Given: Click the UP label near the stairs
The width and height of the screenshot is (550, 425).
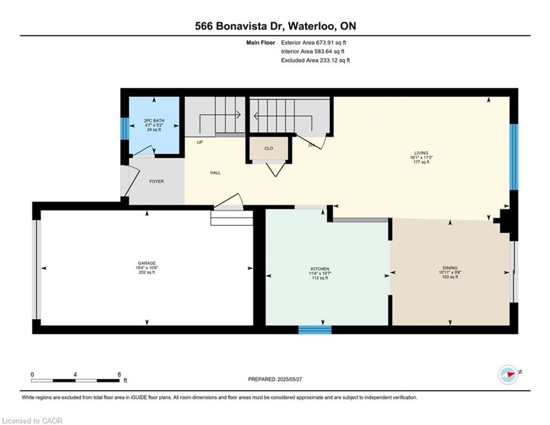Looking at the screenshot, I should click(200, 142).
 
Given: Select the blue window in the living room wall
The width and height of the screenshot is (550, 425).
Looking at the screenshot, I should click(514, 157).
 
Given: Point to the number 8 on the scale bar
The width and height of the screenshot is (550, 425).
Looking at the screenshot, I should click(119, 375).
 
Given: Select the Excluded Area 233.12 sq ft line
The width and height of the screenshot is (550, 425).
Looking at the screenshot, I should click(315, 60).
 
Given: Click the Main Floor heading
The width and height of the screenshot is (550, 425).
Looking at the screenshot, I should click(260, 43).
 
